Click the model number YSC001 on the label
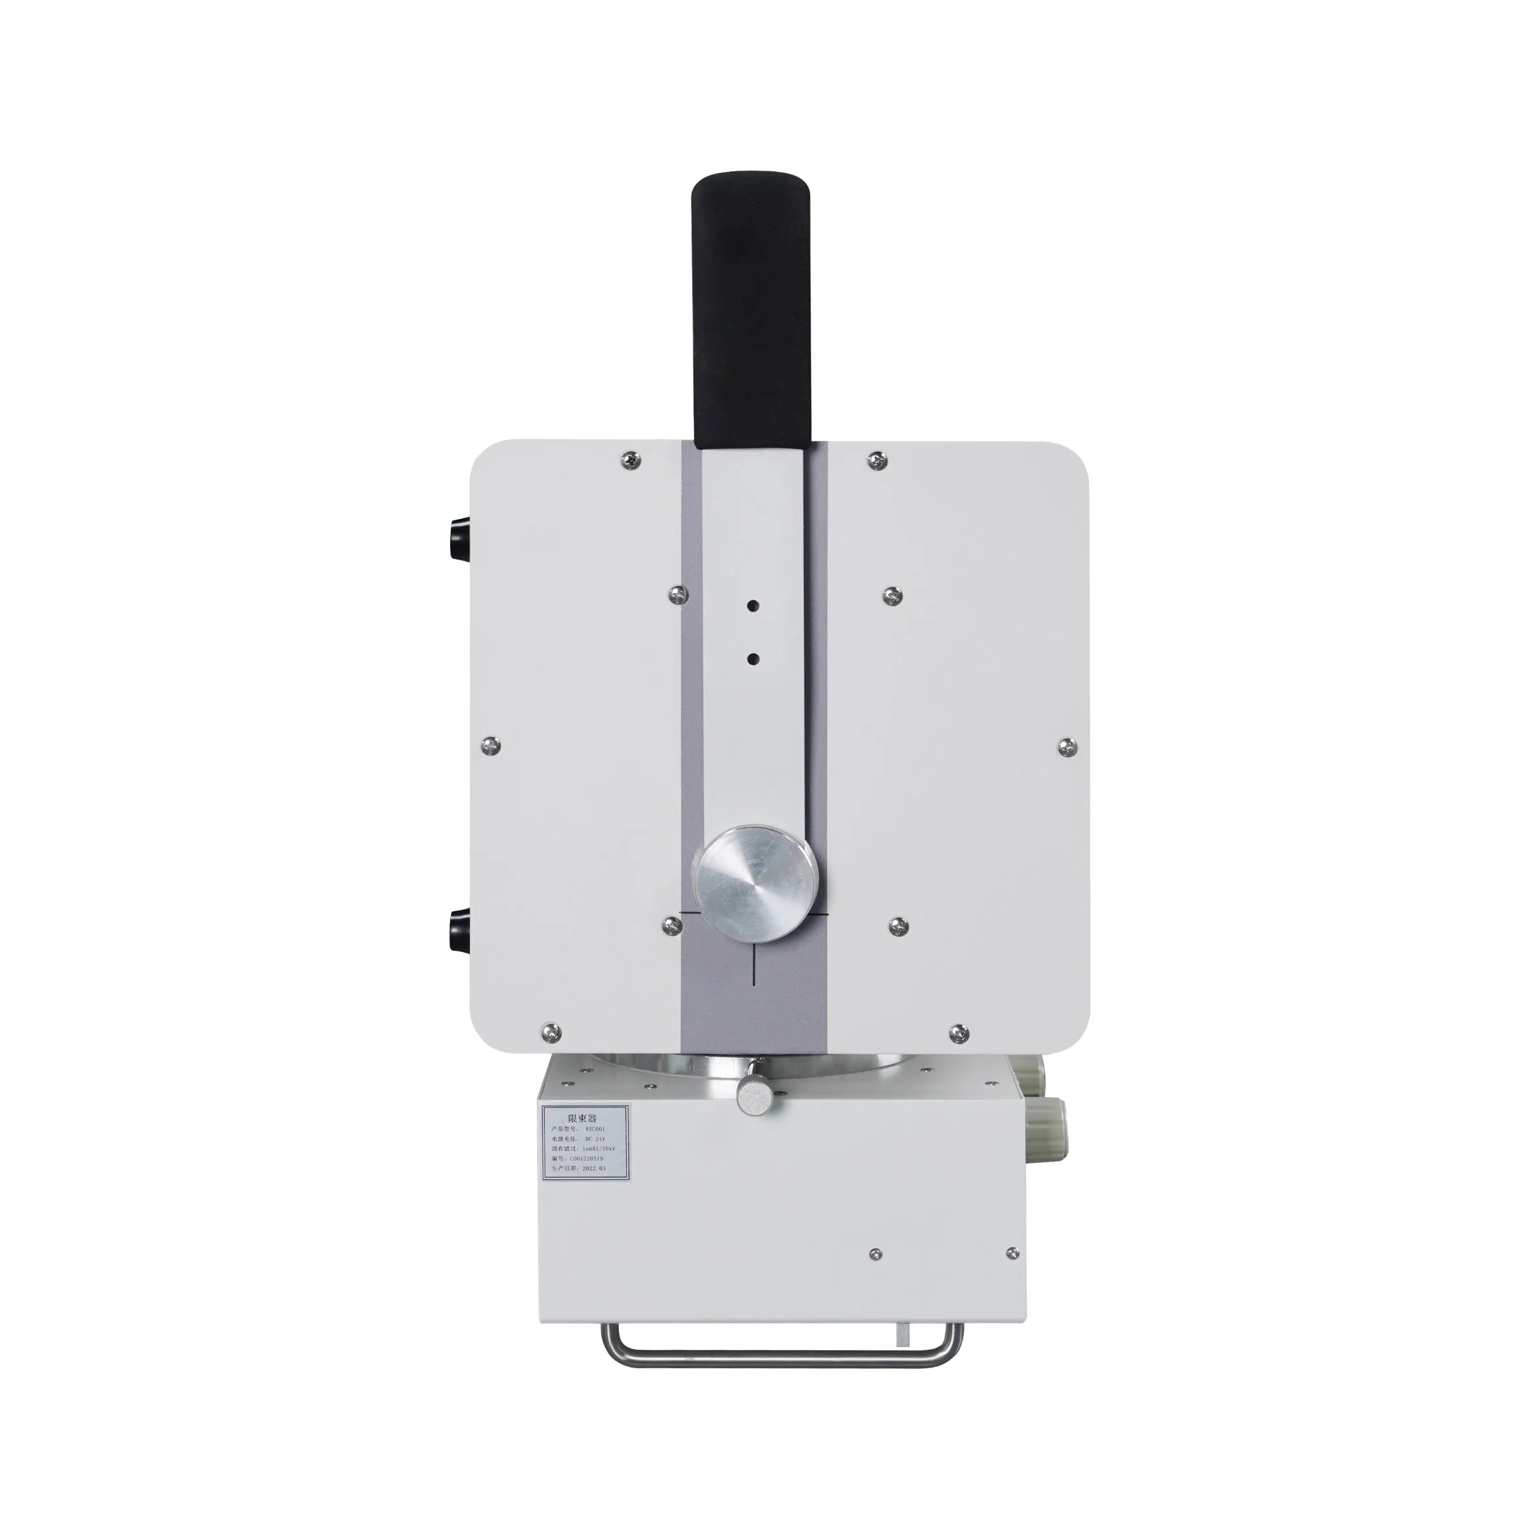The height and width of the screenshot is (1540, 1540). [x=595, y=1129]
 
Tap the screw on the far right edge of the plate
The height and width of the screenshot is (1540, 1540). [x=1066, y=746]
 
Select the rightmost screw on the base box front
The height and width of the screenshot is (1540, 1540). [x=1012, y=1254]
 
